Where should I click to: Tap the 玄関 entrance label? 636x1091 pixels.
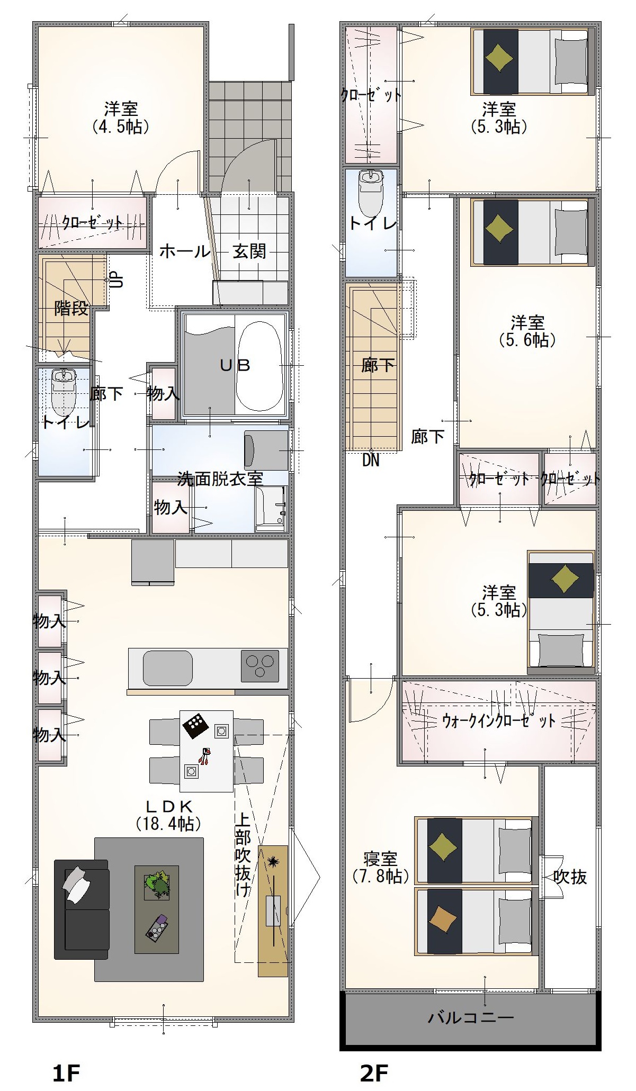tap(249, 251)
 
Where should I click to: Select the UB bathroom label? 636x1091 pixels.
tap(235, 365)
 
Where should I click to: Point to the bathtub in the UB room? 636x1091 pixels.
tap(258, 365)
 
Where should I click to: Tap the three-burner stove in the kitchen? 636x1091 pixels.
tap(259, 665)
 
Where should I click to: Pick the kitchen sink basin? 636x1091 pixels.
tap(167, 667)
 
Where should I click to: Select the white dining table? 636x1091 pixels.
tap(207, 751)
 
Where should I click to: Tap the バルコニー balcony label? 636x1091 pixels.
tap(471, 1017)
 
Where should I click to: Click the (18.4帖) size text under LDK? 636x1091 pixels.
tap(167, 824)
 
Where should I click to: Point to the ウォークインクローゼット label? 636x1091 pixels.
tap(499, 720)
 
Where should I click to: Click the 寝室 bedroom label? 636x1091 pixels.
tap(380, 859)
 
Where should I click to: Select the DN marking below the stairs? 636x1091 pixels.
tap(371, 461)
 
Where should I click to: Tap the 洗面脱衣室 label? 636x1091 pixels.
tap(220, 479)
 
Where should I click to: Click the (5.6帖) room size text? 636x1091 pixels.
tap(527, 339)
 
